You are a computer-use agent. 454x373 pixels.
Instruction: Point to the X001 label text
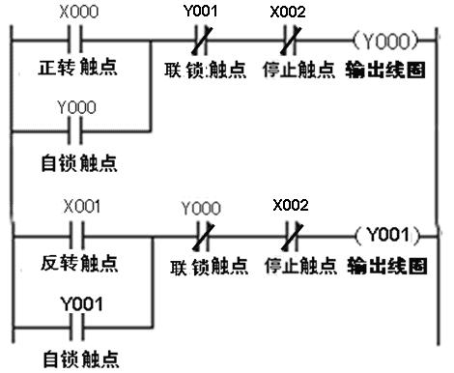click(x=81, y=207)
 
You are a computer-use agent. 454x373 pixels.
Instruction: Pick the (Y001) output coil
click(x=386, y=234)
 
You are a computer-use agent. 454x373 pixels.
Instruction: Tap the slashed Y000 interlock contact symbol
click(x=202, y=234)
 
